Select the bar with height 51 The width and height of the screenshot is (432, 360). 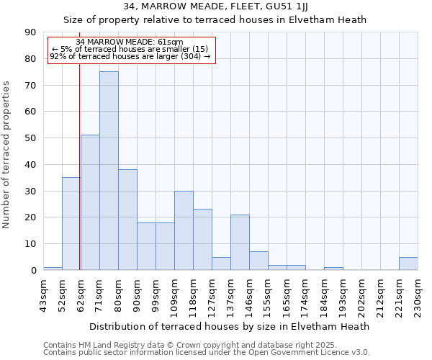click(90, 202)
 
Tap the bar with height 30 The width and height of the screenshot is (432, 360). click(184, 230)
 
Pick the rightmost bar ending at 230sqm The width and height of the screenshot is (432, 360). click(408, 264)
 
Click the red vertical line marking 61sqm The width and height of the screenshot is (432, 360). click(79, 180)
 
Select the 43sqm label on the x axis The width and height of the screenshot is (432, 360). click(43, 293)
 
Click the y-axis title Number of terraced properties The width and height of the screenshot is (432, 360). click(7, 155)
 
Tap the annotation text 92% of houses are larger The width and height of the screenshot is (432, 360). click(130, 56)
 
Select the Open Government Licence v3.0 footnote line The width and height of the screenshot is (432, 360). click(207, 353)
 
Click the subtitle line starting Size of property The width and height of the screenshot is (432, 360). click(215, 19)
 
